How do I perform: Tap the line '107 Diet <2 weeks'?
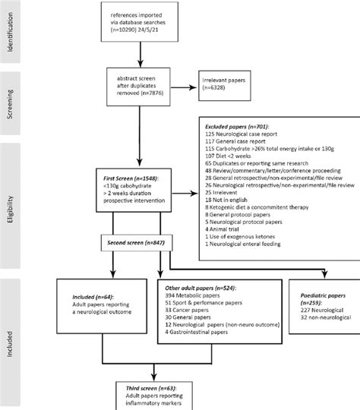[232, 153]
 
